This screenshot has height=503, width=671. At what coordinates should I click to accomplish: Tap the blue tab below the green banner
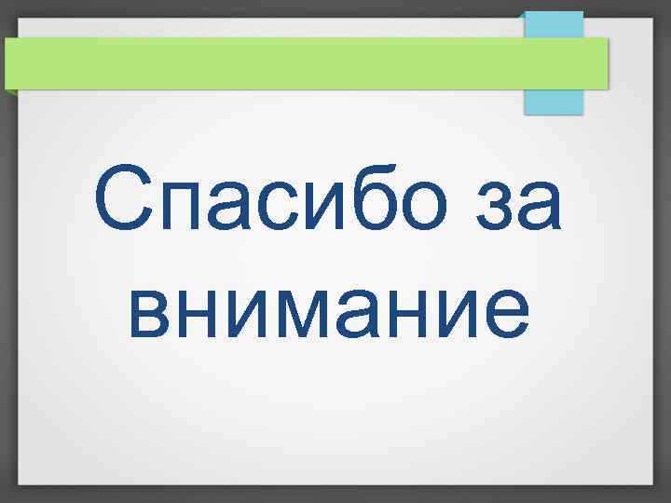(x=553, y=101)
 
